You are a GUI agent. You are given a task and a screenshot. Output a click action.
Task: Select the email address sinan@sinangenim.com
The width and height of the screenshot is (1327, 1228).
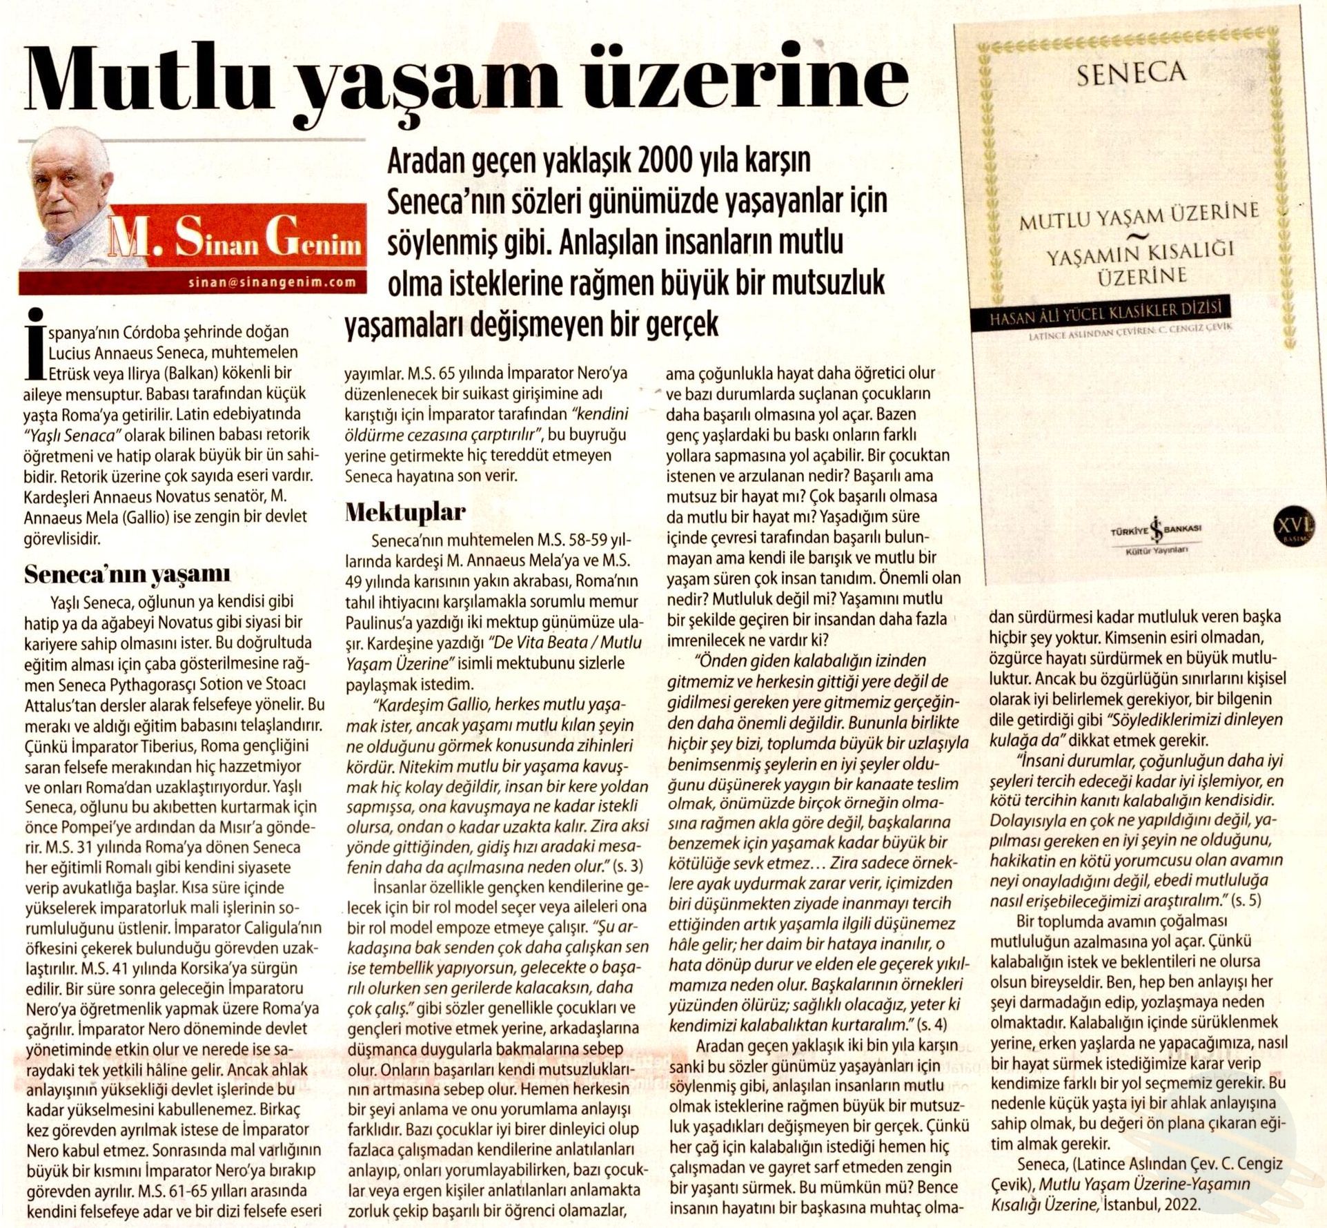(x=272, y=282)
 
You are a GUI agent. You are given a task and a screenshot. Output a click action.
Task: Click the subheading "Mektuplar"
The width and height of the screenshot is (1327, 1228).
(x=405, y=512)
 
